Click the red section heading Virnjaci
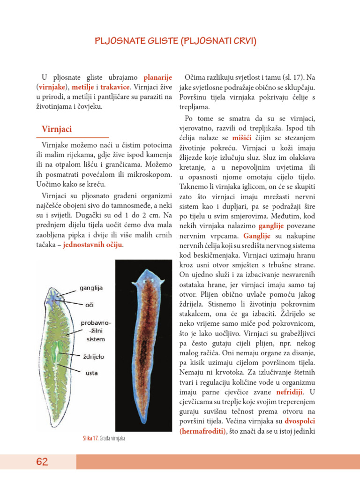pyautogui.click(x=57, y=129)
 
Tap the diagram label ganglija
pyautogui.click(x=92, y=288)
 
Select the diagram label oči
pyautogui.click(x=90, y=305)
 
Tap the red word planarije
pyautogui.click(x=158, y=77)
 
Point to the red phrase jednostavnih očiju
pyautogui.click(x=93, y=245)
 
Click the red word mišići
pyautogui.click(x=241, y=138)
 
